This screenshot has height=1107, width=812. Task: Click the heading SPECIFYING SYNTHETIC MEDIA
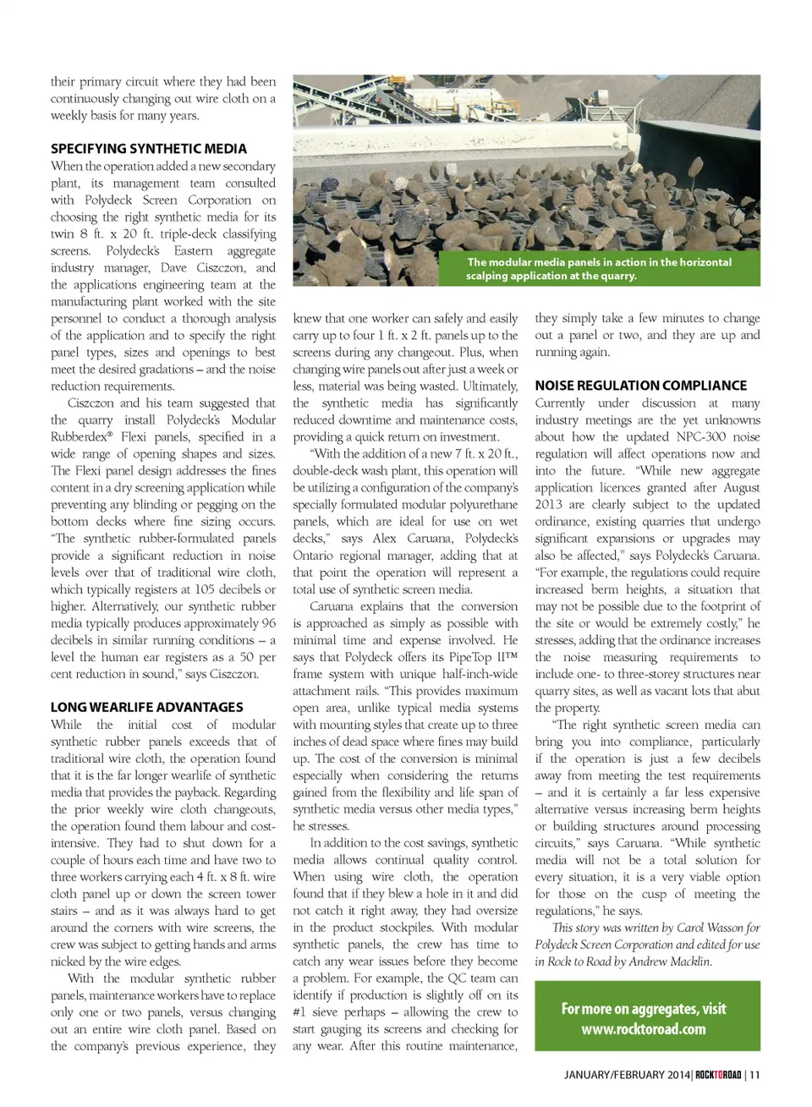[149, 149]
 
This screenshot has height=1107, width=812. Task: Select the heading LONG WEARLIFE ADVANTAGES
[146, 707]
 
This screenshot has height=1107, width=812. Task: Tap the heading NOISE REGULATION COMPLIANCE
[640, 386]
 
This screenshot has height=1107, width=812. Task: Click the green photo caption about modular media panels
[599, 269]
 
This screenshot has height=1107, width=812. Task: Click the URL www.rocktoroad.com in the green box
[643, 1029]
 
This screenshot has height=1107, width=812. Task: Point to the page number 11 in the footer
[754, 1075]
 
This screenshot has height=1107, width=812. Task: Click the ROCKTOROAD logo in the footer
[718, 1075]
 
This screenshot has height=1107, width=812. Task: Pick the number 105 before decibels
[206, 589]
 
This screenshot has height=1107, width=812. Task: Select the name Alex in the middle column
[384, 539]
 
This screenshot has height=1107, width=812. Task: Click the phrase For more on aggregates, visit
[643, 1009]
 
